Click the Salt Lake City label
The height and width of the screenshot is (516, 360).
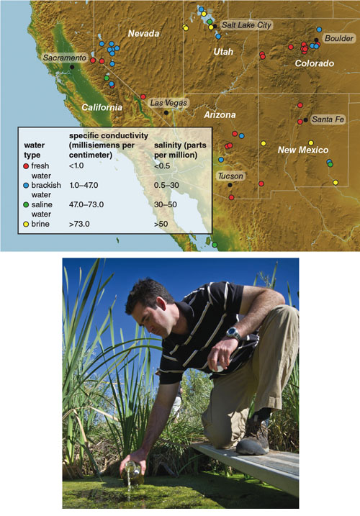click(x=246, y=25)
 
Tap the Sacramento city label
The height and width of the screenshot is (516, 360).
click(x=64, y=58)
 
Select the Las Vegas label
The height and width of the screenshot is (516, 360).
click(x=168, y=103)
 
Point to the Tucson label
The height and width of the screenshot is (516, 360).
click(x=230, y=176)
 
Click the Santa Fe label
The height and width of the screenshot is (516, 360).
click(x=328, y=119)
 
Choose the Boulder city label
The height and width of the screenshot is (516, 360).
click(x=339, y=38)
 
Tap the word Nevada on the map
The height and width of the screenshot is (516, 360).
click(x=143, y=33)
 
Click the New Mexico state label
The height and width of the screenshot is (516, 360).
click(x=303, y=150)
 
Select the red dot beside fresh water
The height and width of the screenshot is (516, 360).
click(x=27, y=166)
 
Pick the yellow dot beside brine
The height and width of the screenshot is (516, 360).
click(x=27, y=225)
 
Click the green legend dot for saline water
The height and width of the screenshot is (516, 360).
click(x=27, y=205)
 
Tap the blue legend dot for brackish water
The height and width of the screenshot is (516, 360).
click(x=27, y=186)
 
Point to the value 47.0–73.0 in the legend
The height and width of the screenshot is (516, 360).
click(x=86, y=204)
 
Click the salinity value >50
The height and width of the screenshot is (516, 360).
click(x=161, y=224)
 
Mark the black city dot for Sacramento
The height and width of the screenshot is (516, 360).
click(x=72, y=67)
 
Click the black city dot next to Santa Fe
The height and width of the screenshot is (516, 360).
click(x=306, y=120)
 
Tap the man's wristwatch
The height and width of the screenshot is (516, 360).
click(x=233, y=333)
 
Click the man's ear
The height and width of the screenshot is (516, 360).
click(x=161, y=304)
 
